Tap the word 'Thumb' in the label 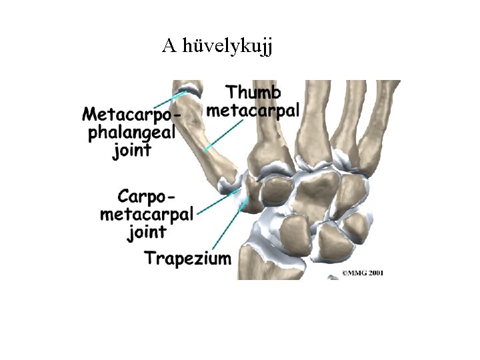tap(253, 93)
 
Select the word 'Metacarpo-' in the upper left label tap(130, 114)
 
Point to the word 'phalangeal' tap(131, 131)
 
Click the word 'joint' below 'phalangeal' tap(132, 149)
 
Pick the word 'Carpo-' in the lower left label tap(148, 197)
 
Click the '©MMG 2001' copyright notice tap(363, 273)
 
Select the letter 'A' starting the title tap(169, 45)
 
